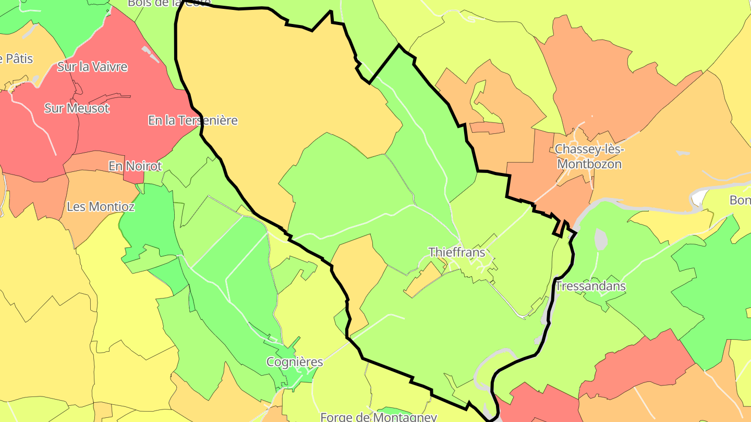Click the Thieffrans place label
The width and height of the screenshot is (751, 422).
click(456, 253)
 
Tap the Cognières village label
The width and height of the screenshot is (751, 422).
click(295, 362)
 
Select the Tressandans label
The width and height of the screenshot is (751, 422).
click(590, 286)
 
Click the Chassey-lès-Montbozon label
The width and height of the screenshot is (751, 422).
click(589, 156)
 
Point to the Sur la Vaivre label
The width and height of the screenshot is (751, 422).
click(92, 67)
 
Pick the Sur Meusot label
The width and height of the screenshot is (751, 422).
click(77, 108)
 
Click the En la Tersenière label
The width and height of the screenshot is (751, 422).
click(193, 120)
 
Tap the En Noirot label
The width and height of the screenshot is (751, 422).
click(135, 166)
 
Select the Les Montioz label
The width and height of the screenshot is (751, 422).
click(101, 206)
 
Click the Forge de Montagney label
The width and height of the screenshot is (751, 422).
click(378, 417)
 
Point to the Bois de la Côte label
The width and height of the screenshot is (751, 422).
click(169, 3)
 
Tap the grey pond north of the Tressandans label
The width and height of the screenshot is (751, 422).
click(601, 239)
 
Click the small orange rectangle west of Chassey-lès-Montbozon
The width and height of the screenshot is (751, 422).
click(487, 128)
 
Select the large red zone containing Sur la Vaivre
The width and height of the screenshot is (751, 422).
click(120, 120)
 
